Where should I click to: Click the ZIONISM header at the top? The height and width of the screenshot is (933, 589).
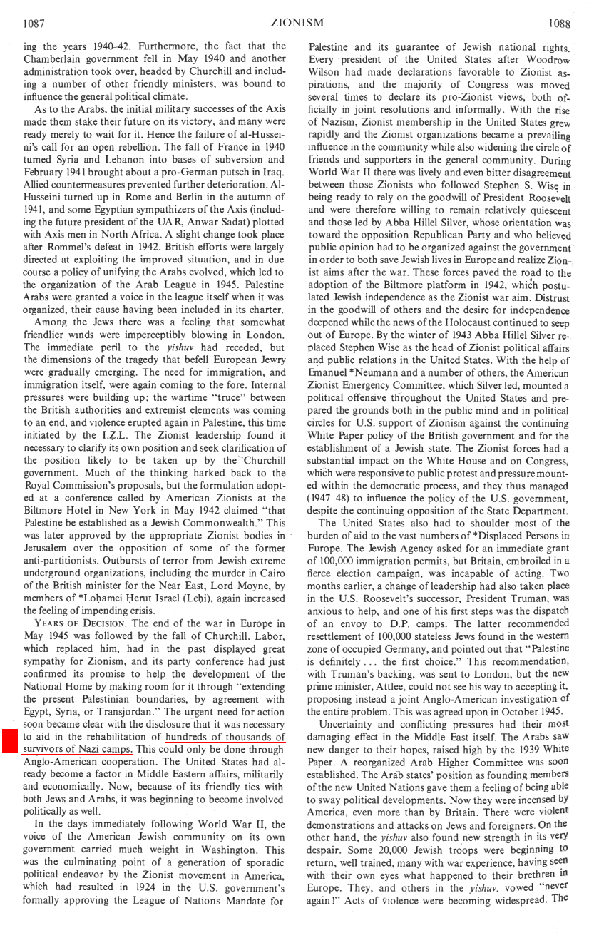(x=293, y=23)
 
